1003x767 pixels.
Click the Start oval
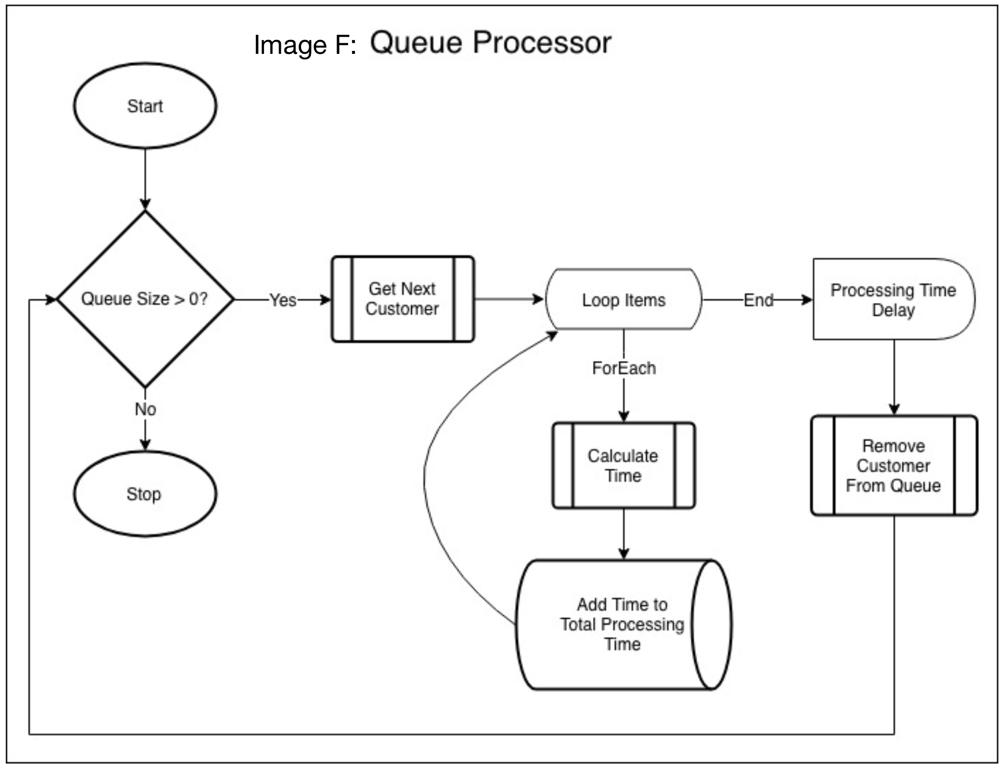[145, 106]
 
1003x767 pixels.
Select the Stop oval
[145, 494]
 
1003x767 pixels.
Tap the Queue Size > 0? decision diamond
[145, 299]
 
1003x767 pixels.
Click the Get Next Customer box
[402, 299]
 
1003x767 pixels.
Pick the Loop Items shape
[624, 300]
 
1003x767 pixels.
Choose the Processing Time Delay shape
[893, 300]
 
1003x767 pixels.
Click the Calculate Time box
[623, 466]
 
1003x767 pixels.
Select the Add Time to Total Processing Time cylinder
[623, 624]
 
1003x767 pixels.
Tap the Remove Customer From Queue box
[894, 466]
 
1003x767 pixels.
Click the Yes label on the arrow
[283, 300]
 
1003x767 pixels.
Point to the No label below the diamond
[145, 409]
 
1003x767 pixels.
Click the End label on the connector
[758, 300]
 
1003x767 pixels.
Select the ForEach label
[624, 368]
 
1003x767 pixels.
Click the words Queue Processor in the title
[490, 43]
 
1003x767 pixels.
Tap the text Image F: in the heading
[305, 45]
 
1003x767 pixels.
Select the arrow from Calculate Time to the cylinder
[624, 533]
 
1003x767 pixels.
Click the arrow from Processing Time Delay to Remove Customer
[894, 377]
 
